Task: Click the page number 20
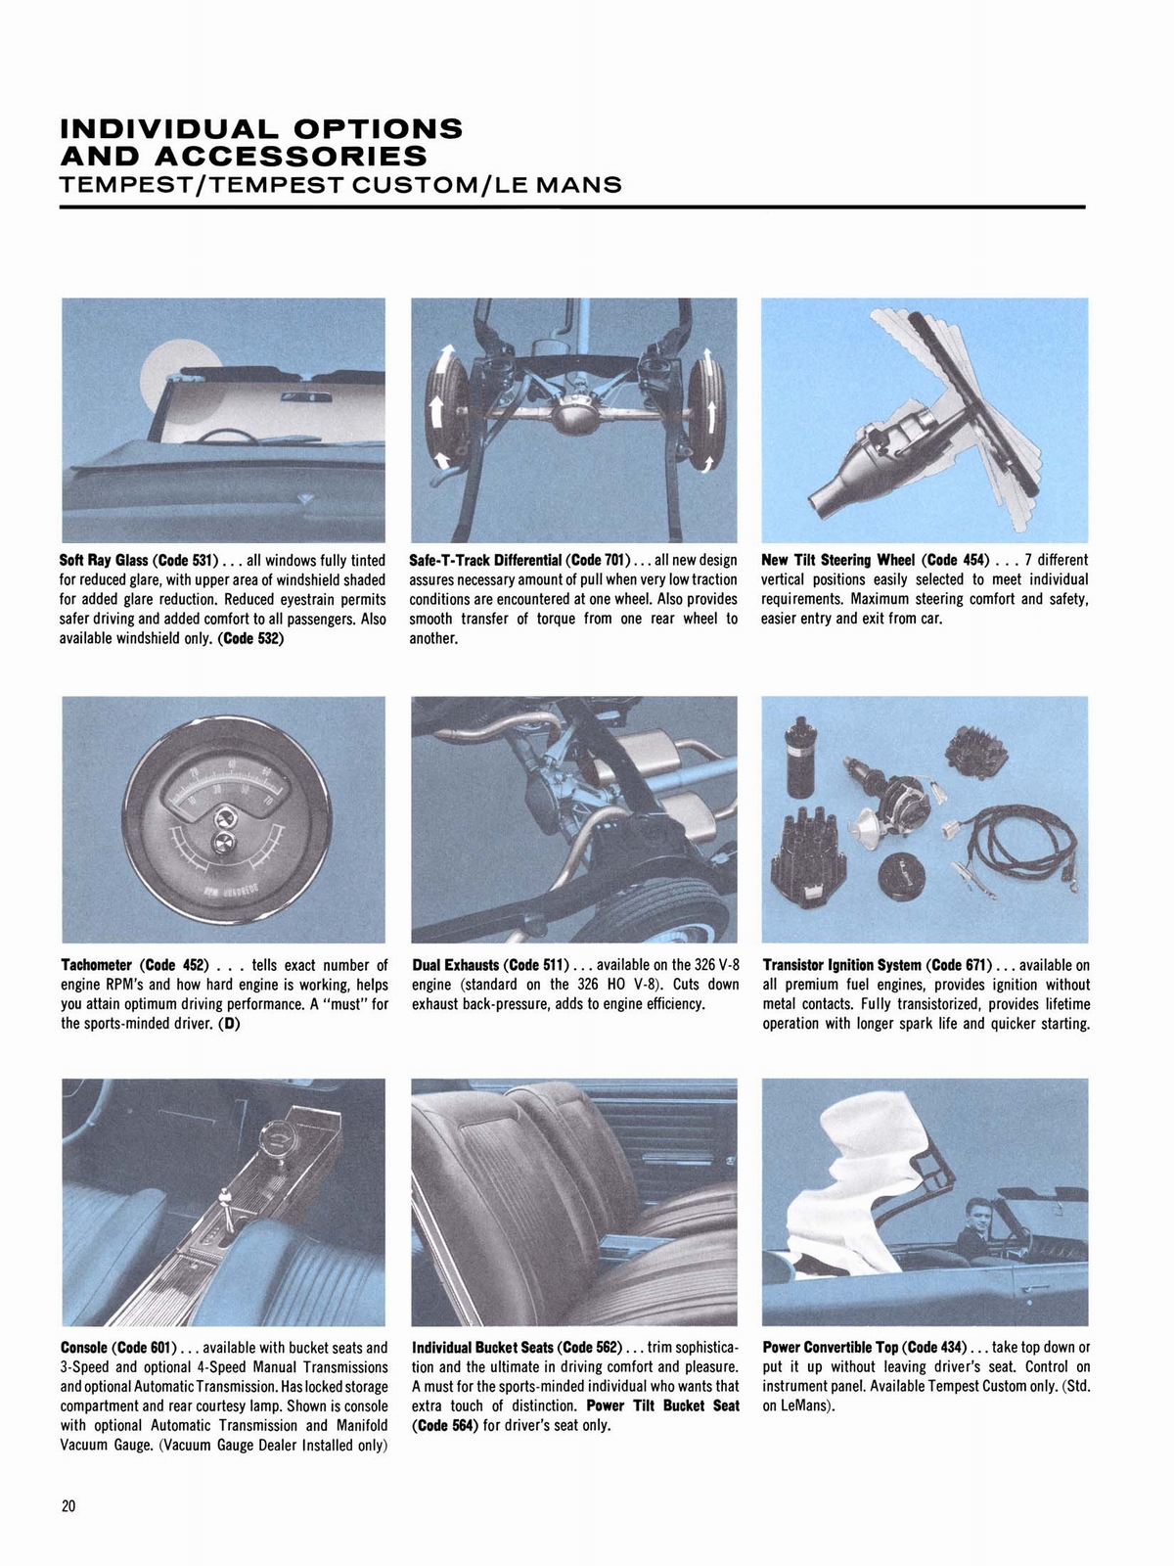[x=68, y=1506]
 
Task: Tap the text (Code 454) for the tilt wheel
[x=956, y=561]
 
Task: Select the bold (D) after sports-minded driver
[x=231, y=1025]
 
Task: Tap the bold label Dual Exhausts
[x=455, y=966]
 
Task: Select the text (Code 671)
[x=957, y=966]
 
